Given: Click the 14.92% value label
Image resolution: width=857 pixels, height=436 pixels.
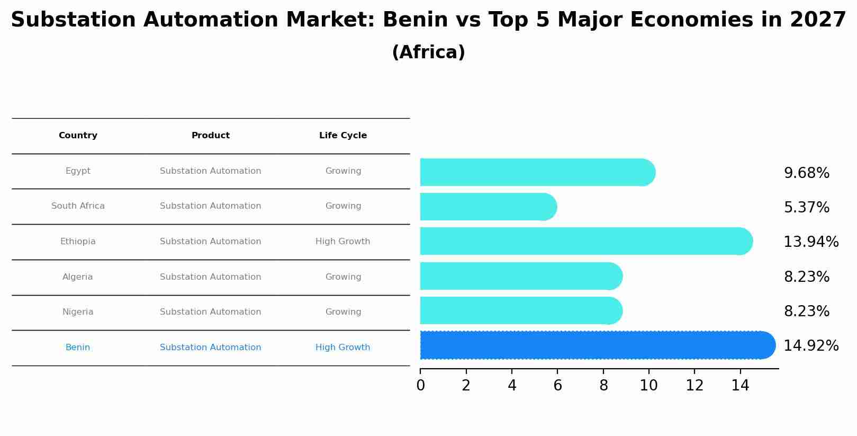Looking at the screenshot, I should click(x=810, y=346).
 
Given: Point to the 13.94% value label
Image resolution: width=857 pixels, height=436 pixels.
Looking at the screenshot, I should click(x=810, y=242).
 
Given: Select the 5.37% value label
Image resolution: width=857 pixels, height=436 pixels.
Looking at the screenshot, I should click(x=806, y=208).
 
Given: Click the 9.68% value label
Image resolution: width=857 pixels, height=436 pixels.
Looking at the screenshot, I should click(x=806, y=173).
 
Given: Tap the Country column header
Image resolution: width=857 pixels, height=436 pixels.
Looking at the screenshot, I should click(x=78, y=136).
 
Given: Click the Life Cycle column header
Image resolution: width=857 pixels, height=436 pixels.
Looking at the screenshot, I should click(x=342, y=136).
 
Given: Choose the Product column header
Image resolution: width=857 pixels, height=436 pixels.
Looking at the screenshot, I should click(x=210, y=136).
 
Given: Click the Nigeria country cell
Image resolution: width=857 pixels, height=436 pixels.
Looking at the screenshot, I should click(x=78, y=312).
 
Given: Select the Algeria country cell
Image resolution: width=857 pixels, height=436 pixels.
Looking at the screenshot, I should click(x=78, y=277).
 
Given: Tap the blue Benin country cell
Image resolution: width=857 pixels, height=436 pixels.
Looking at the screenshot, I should click(x=78, y=348).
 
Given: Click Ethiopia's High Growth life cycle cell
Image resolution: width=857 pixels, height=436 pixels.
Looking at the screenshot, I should click(x=342, y=242).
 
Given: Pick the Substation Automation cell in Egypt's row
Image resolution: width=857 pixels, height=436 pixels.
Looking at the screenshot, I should click(x=210, y=171).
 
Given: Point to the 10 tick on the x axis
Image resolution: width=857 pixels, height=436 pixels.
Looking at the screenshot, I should click(x=648, y=386).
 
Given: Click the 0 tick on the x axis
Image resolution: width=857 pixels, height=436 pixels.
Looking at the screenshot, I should click(x=420, y=386).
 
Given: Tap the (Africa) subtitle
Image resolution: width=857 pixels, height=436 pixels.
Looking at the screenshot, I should click(x=428, y=52).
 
